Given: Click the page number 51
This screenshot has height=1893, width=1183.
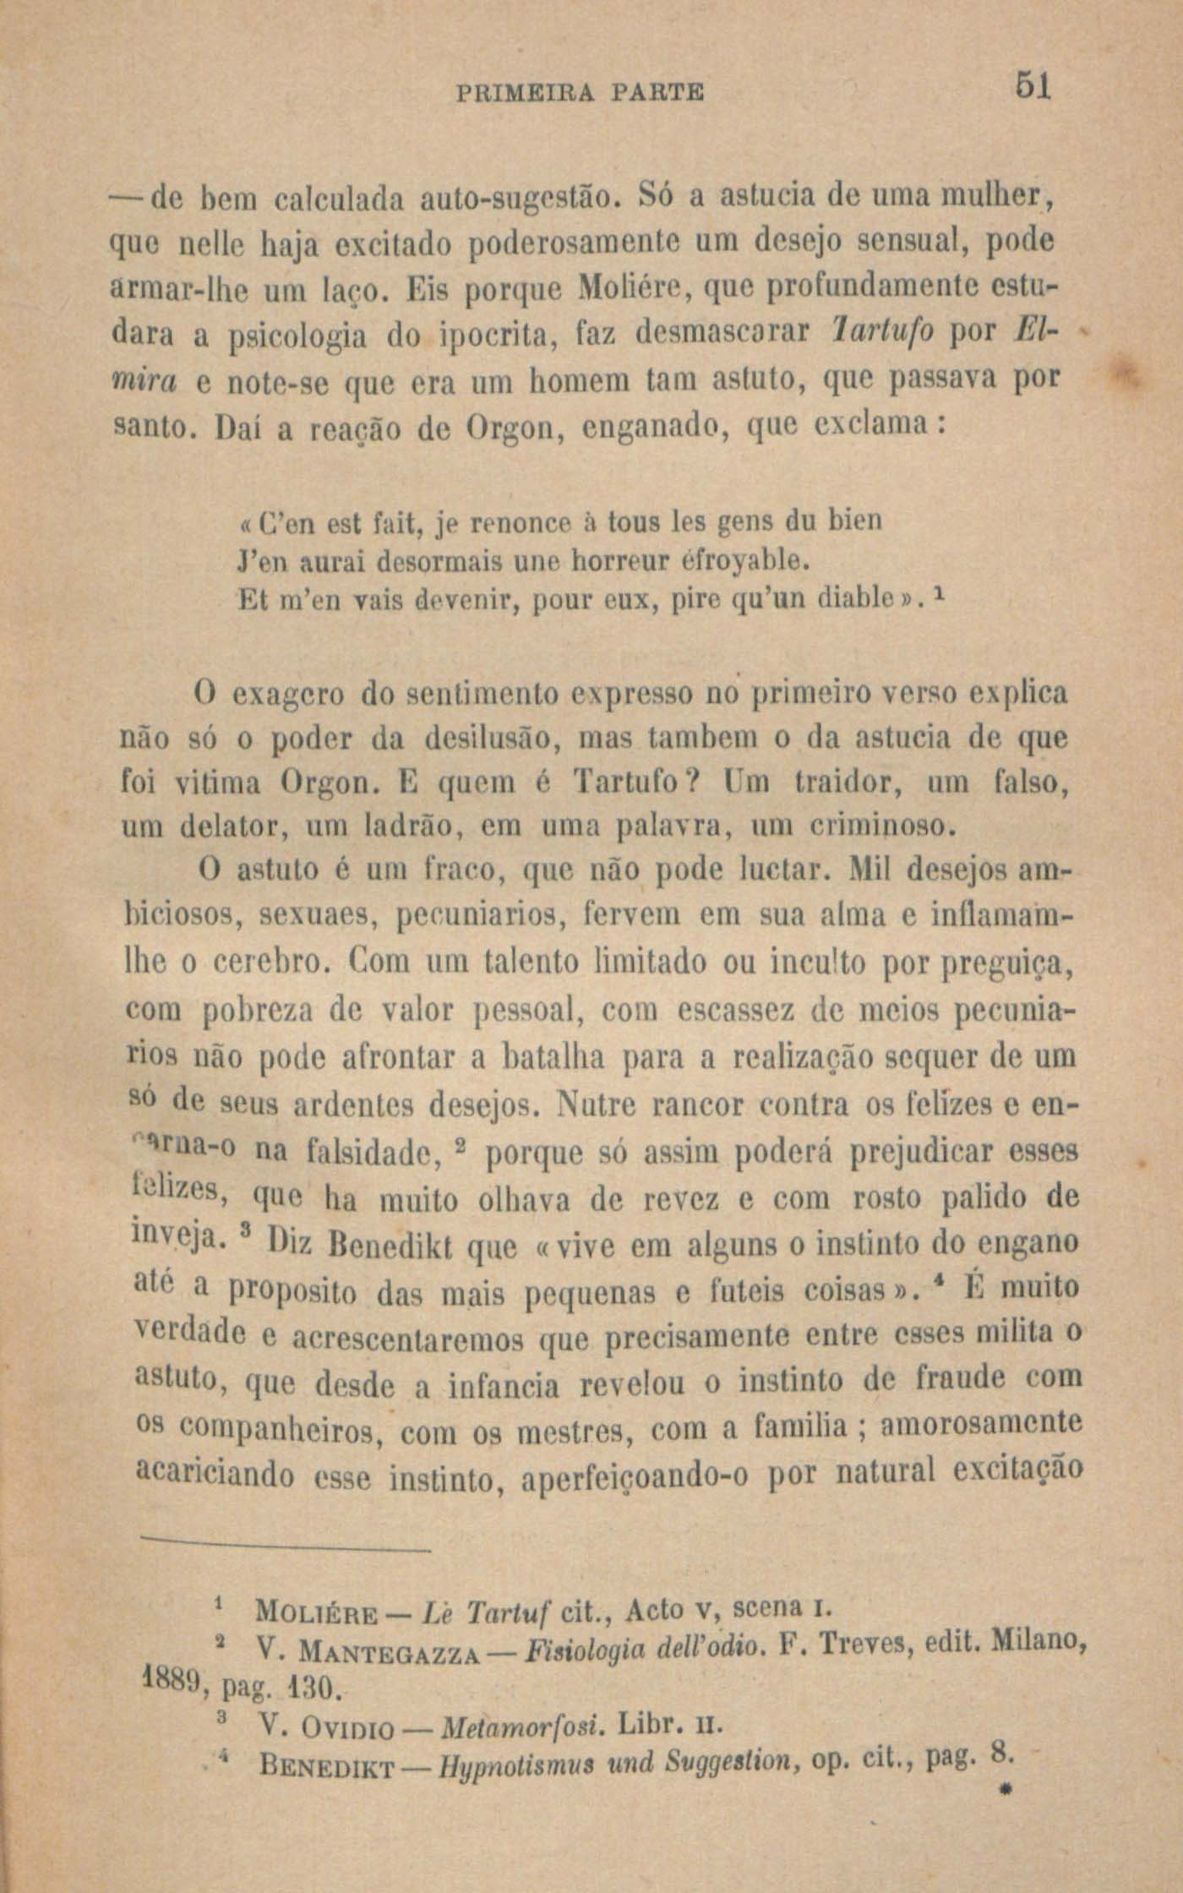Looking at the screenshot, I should point(1033,86).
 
